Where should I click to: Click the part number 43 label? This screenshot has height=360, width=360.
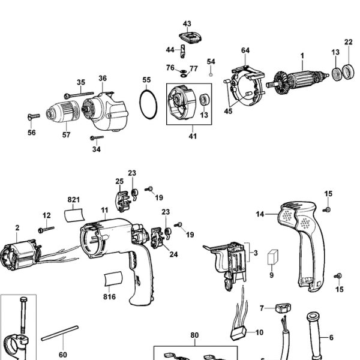187,24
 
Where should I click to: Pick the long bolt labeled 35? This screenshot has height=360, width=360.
78,94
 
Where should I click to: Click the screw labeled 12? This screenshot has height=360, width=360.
46,229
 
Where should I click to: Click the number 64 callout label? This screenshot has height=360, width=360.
245,50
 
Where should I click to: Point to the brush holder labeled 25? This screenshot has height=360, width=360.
122,200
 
